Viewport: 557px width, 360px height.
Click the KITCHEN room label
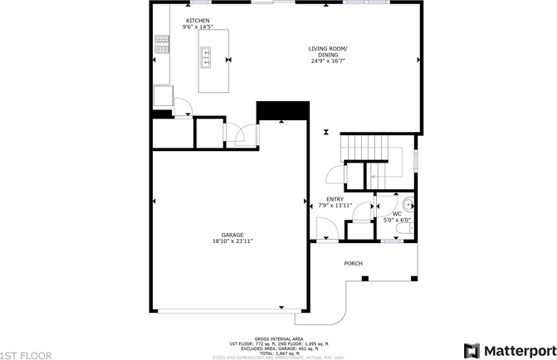point(198,20)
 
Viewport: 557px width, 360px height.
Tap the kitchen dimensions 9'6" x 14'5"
point(198,27)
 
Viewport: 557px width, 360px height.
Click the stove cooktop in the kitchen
point(160,43)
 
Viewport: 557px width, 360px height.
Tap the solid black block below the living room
point(282,110)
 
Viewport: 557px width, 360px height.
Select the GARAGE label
point(232,235)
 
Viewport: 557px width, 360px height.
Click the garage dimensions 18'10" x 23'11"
point(232,241)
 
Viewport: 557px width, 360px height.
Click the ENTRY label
point(335,199)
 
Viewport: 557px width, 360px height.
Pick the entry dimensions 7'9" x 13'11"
point(335,206)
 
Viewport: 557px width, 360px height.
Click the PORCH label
point(354,264)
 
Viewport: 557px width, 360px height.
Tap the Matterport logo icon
point(471,349)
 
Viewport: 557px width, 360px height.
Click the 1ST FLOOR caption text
point(27,354)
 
